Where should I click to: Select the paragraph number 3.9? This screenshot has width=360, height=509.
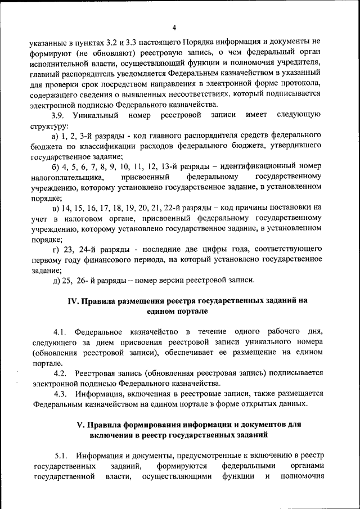tap(59, 115)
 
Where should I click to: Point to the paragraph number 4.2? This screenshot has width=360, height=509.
tap(61, 373)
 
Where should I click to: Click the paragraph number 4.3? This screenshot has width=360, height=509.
tap(61, 394)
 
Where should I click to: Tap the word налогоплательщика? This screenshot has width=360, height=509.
tap(67, 177)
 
